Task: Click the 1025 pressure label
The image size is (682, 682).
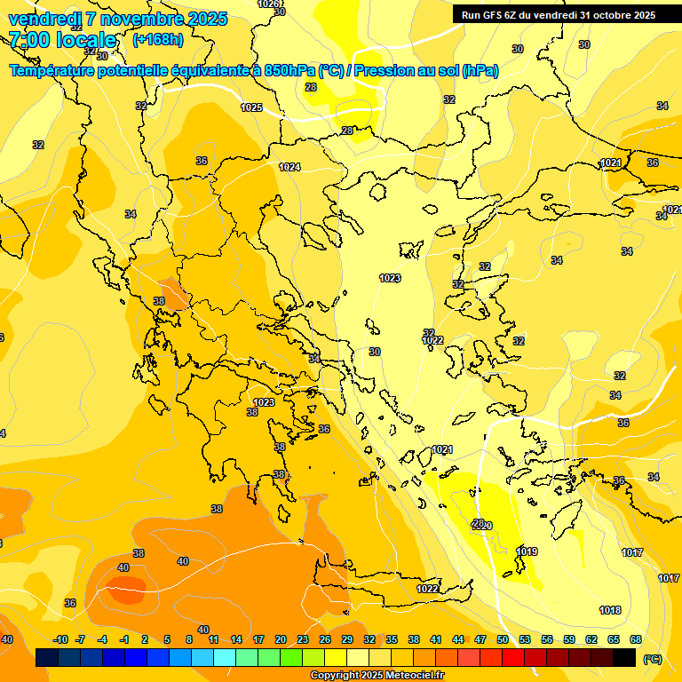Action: [251, 107]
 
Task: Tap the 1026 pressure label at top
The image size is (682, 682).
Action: [268, 4]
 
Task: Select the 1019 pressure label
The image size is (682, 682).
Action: [527, 551]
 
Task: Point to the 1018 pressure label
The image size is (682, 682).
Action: [610, 610]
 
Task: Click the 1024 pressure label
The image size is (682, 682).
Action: [289, 167]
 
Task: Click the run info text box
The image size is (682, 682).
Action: [558, 14]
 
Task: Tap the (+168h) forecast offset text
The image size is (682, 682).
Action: [158, 39]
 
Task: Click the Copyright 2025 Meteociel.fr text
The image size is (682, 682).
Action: [377, 675]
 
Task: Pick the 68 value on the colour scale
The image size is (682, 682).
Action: [635, 639]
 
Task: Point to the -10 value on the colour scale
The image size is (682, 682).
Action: [60, 639]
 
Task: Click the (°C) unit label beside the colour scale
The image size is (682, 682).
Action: [652, 658]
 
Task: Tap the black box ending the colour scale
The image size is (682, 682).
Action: [624, 658]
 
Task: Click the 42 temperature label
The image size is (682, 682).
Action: [123, 567]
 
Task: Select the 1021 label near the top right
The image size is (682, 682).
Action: [610, 163]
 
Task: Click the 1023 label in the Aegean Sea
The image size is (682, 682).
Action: [389, 278]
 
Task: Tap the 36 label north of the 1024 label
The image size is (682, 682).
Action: [202, 161]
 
